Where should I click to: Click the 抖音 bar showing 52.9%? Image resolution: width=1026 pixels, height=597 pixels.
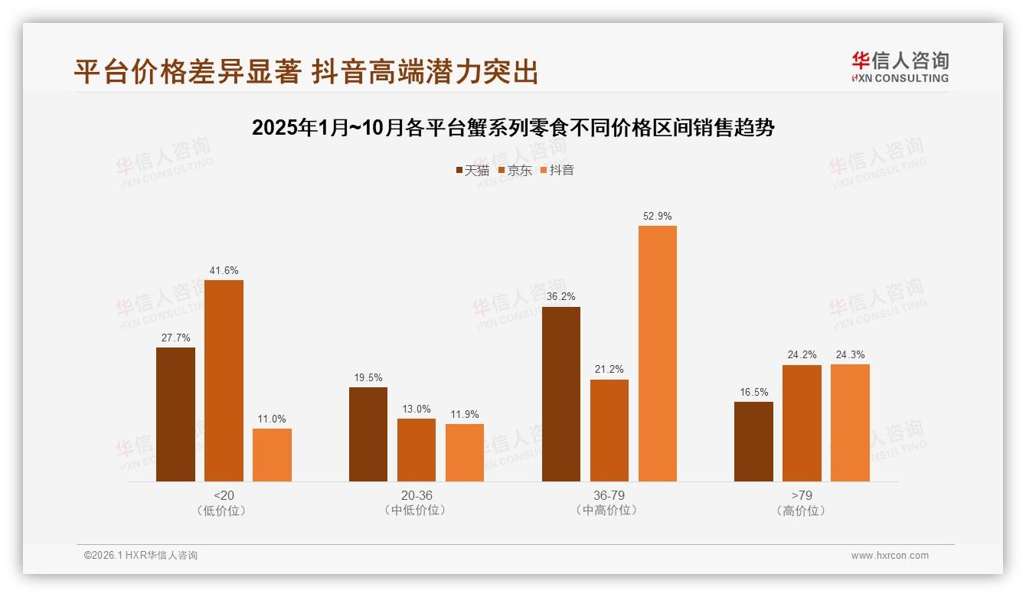tap(657, 354)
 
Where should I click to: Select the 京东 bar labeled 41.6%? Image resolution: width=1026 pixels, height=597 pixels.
tap(224, 380)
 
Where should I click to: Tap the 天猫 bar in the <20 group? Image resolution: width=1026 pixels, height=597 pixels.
tap(175, 414)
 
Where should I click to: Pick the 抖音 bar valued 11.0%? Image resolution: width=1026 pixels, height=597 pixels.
tap(272, 455)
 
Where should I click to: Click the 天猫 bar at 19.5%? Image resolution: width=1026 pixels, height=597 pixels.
tap(368, 434)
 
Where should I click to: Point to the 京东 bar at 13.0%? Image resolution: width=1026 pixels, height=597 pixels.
tap(417, 450)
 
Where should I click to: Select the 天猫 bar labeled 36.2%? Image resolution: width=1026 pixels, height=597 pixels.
tap(561, 393)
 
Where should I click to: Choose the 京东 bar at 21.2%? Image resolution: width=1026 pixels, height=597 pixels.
tap(609, 430)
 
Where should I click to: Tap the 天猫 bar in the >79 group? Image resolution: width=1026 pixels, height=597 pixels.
tap(753, 442)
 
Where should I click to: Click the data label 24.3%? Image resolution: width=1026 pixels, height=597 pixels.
tap(850, 354)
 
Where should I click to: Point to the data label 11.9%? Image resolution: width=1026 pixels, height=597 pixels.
tap(465, 415)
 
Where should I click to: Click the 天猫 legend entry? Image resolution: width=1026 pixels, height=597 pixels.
tap(472, 170)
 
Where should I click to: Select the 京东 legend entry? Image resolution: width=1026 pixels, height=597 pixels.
tap(515, 170)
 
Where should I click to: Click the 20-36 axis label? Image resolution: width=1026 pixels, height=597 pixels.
tap(417, 495)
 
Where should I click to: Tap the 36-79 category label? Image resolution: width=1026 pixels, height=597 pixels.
tap(609, 495)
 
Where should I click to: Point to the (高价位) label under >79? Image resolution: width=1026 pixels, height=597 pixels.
tap(801, 511)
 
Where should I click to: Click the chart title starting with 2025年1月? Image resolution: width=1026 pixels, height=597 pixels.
tap(513, 128)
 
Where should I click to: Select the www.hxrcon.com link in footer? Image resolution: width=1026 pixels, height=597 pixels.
tap(890, 556)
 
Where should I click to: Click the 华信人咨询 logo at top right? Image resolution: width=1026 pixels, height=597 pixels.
tap(900, 67)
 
